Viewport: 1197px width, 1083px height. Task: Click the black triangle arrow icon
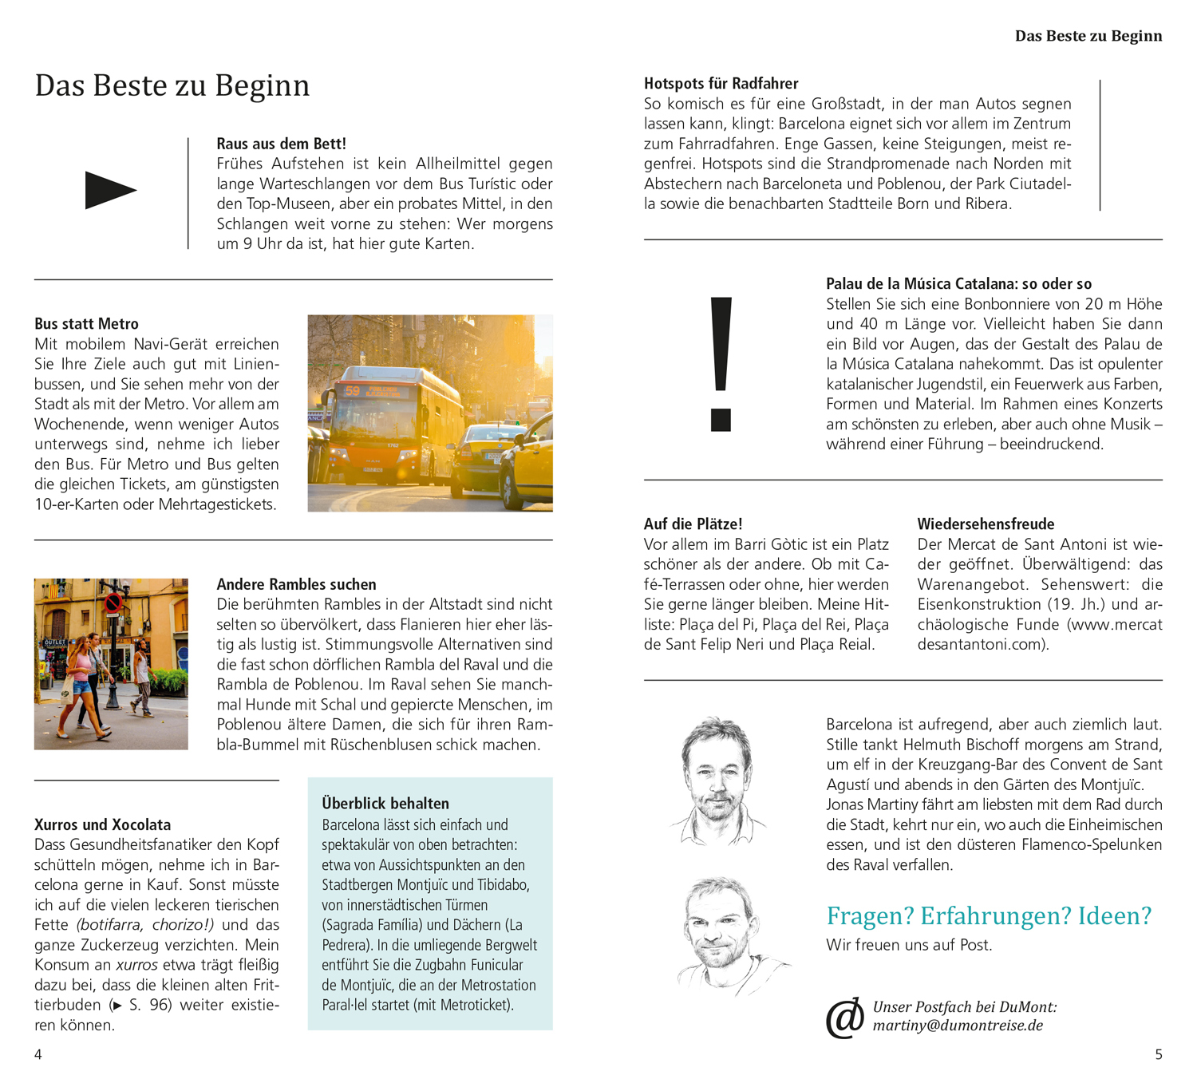coord(110,190)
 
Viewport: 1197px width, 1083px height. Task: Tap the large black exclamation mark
coord(721,363)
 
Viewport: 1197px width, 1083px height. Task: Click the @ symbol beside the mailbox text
coord(845,1018)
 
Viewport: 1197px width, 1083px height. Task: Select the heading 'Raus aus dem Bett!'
coord(281,144)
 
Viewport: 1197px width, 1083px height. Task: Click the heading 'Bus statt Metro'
coord(86,324)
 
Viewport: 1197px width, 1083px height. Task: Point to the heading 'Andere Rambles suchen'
coord(296,584)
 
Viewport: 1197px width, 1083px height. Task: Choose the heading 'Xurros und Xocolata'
coord(102,824)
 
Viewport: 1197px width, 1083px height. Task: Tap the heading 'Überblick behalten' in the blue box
coord(385,804)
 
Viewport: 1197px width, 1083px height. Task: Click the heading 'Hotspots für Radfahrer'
coord(721,84)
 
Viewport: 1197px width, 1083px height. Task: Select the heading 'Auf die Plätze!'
coord(693,524)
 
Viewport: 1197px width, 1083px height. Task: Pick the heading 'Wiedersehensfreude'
coord(986,524)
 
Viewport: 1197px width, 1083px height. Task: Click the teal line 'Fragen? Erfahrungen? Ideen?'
coord(989,915)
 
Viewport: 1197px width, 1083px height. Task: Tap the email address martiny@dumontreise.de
coord(958,1026)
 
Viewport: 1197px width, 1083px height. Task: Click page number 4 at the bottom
coord(38,1054)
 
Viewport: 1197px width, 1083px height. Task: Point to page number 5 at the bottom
coord(1159,1054)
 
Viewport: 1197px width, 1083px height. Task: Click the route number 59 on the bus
coord(353,390)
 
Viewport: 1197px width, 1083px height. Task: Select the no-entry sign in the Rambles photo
coord(113,603)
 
